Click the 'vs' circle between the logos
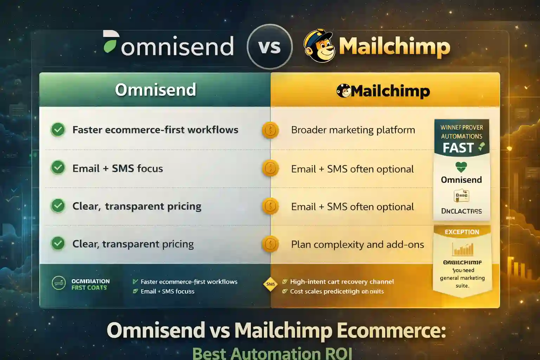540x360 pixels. [x=270, y=47]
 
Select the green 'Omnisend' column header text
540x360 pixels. [x=155, y=90]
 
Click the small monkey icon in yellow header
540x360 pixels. [x=343, y=91]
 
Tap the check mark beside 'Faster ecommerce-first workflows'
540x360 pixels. [x=58, y=130]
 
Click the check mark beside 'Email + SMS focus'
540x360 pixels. [x=58, y=168]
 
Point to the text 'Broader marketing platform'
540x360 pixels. [x=353, y=130]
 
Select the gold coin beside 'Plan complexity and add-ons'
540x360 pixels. [x=270, y=244]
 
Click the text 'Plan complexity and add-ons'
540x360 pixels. [x=357, y=244]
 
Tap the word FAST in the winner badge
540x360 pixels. [x=458, y=148]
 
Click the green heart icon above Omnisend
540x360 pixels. [x=461, y=167]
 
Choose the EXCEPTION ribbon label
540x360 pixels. [x=462, y=232]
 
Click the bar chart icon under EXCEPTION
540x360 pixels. [x=463, y=249]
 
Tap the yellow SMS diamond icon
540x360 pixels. [x=270, y=284]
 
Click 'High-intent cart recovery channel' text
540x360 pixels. [x=341, y=282]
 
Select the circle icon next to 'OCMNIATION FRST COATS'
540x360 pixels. [x=59, y=283]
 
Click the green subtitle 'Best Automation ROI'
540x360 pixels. [x=272, y=353]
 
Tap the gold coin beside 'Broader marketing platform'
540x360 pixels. [x=270, y=130]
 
